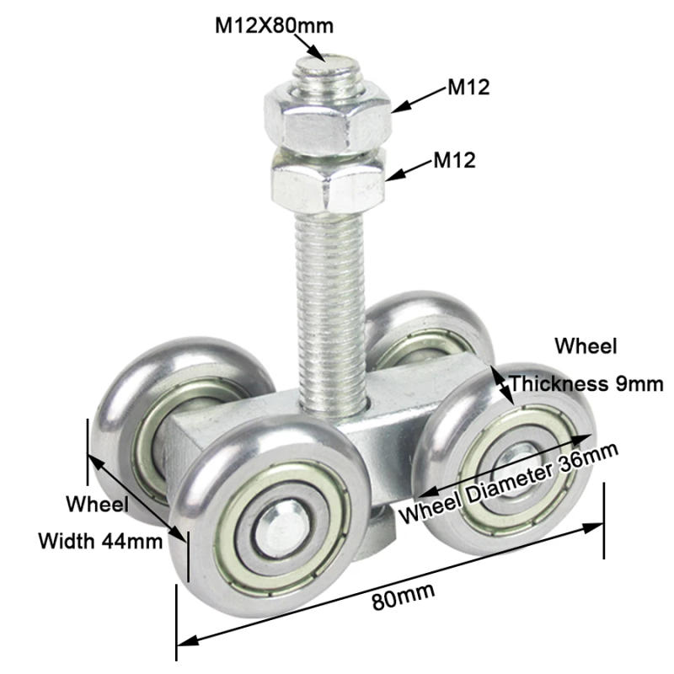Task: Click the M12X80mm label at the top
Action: pyautogui.click(x=274, y=24)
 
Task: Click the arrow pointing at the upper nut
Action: pyautogui.click(x=418, y=99)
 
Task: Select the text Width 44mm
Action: pyautogui.click(x=100, y=540)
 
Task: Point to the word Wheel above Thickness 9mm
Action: pyautogui.click(x=586, y=345)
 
